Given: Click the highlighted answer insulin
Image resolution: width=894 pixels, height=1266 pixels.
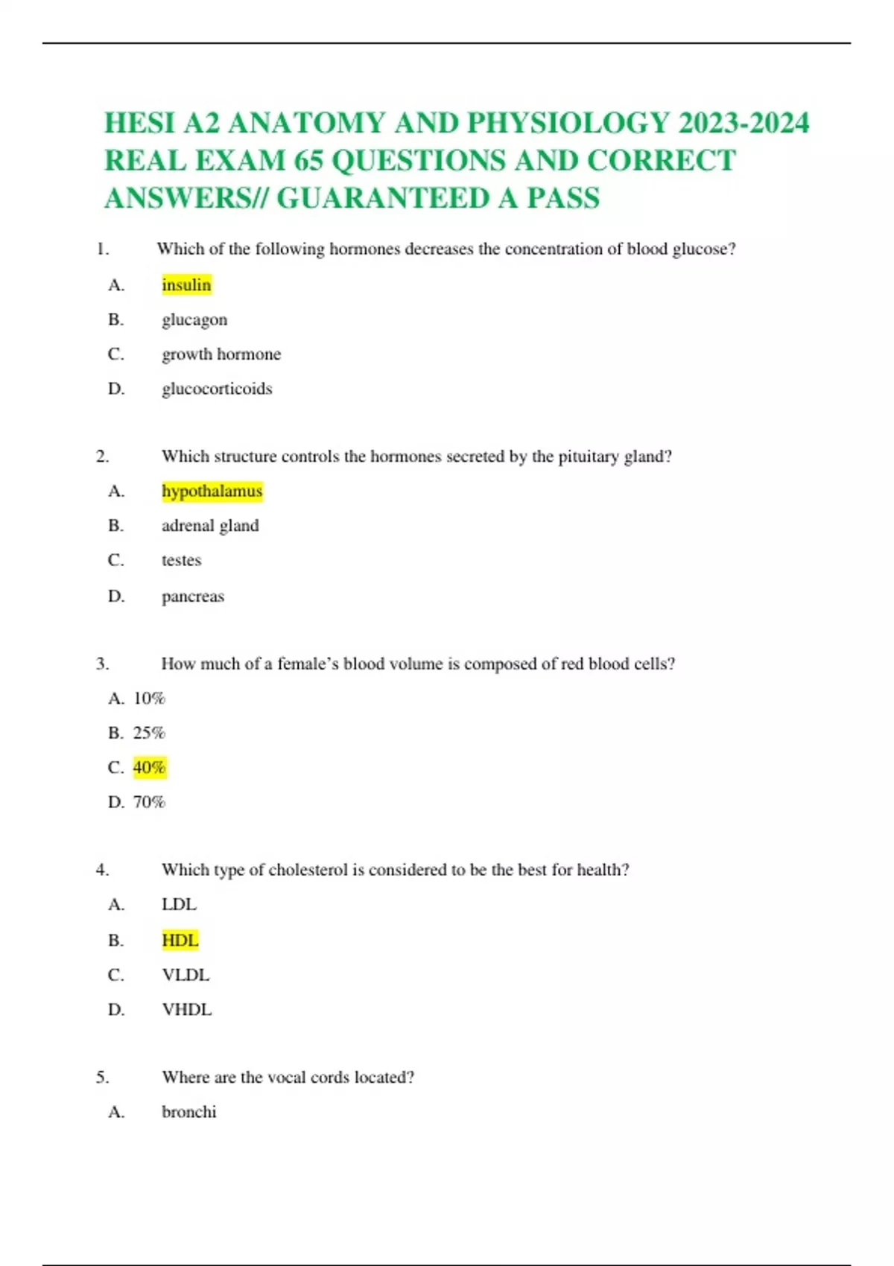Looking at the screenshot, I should tap(186, 284).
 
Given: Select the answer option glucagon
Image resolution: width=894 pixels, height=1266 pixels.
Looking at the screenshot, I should tap(194, 319).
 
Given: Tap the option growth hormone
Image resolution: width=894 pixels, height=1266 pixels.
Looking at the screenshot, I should tap(221, 354).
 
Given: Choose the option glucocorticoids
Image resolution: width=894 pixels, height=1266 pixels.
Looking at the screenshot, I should tap(217, 389).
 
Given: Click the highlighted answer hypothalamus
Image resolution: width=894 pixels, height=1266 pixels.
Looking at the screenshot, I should tap(212, 491).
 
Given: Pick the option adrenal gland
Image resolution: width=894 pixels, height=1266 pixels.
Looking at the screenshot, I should tap(210, 526).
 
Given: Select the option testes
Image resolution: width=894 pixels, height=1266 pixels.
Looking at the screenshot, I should tap(181, 560).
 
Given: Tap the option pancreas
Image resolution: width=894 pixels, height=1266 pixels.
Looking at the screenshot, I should tap(192, 597).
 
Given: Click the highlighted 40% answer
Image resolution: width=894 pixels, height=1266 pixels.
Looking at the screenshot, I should tap(149, 767).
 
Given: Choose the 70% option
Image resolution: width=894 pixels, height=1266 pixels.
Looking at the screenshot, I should tap(149, 802).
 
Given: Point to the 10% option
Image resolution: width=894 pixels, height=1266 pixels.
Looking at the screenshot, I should tap(149, 699).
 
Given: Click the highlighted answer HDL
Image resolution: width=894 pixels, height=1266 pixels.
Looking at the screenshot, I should tap(180, 941).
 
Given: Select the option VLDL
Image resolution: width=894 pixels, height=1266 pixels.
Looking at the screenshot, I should tap(186, 975).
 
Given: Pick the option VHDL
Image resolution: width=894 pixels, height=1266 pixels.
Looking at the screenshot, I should tap(186, 1010).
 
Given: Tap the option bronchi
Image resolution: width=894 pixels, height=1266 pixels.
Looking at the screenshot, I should tap(188, 1112).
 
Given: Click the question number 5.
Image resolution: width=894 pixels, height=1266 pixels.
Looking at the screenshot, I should tap(102, 1077).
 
